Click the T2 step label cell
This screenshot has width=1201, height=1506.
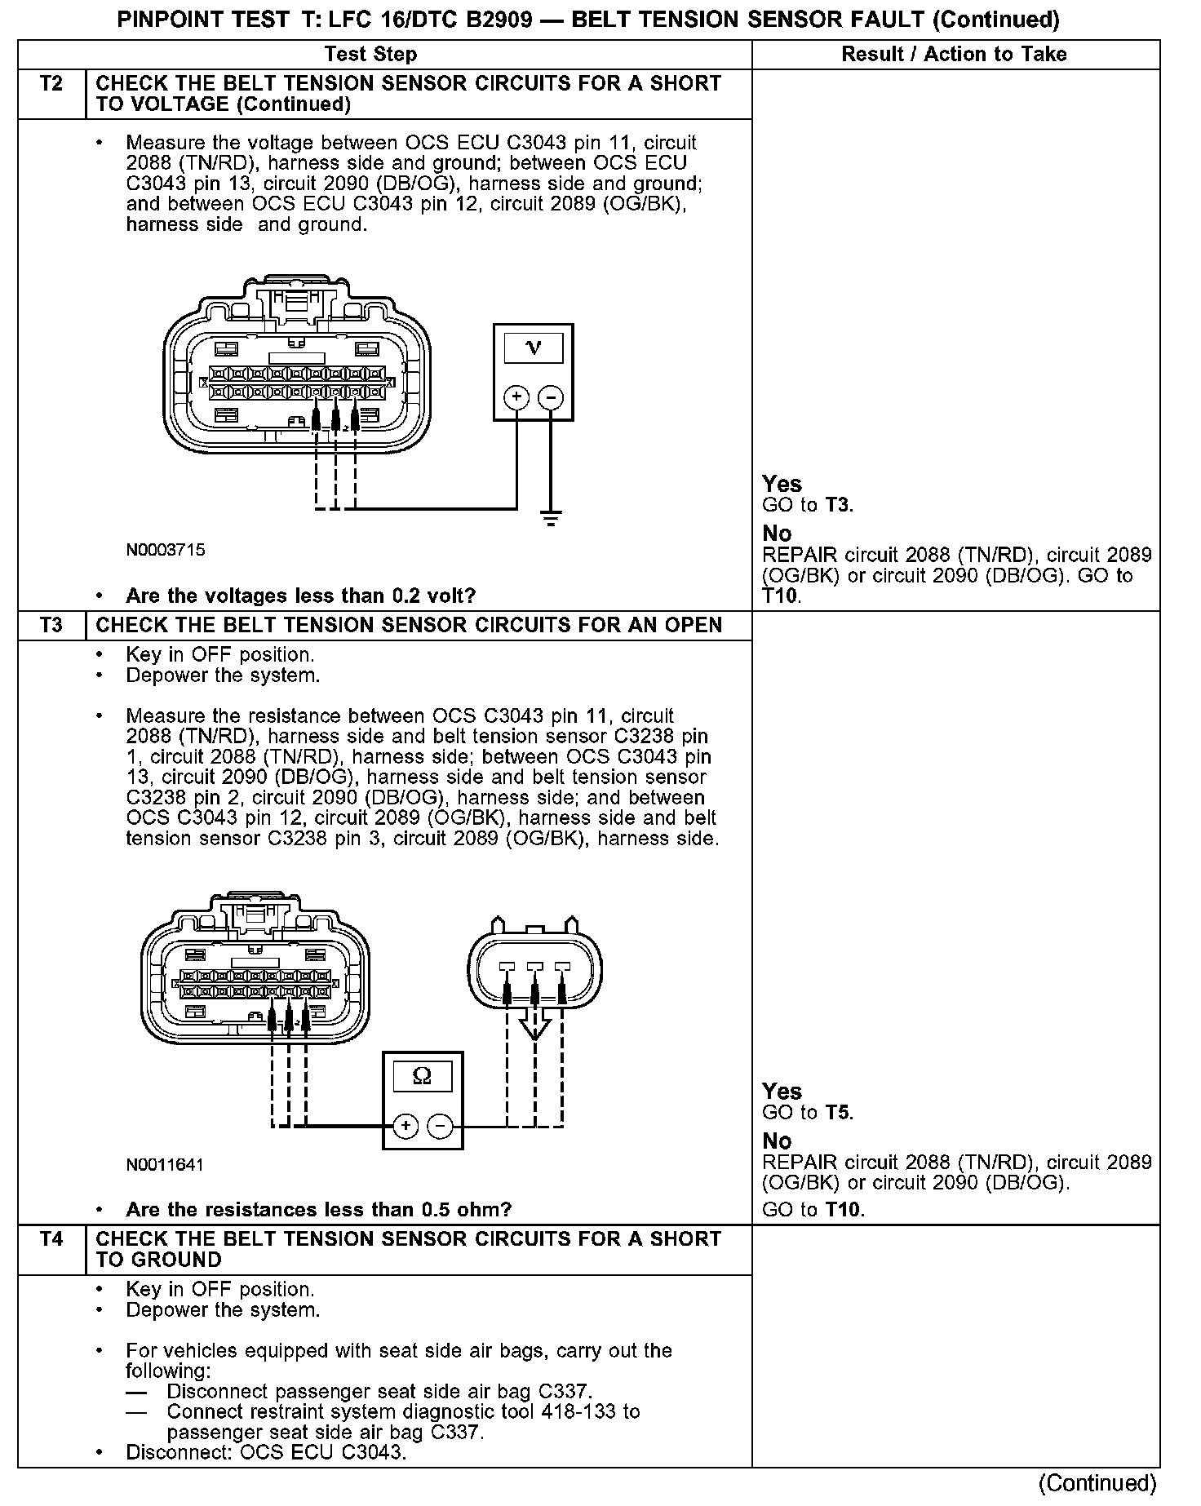click(x=51, y=84)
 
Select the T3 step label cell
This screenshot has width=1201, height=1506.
click(x=51, y=626)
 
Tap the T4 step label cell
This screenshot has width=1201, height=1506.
click(x=51, y=1239)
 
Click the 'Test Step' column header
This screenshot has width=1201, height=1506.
click(x=370, y=55)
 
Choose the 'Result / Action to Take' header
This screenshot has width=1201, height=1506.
click(x=954, y=55)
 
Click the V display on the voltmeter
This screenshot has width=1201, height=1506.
click(x=534, y=348)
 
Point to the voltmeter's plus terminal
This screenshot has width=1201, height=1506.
click(x=516, y=397)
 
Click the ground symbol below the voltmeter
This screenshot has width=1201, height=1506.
click(x=551, y=517)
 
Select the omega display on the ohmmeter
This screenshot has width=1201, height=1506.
click(x=423, y=1077)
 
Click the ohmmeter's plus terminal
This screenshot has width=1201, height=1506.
click(x=405, y=1127)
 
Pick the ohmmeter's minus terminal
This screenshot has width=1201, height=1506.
click(x=440, y=1127)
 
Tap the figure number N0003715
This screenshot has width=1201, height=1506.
click(x=165, y=550)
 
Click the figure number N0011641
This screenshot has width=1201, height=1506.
click(x=165, y=1165)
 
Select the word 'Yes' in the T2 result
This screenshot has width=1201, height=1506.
click(x=782, y=484)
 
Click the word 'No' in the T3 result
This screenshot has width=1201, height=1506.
click(x=777, y=1141)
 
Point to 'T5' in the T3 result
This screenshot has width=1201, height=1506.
click(x=838, y=1113)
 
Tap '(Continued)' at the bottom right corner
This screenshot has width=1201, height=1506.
click(x=1097, y=1482)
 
